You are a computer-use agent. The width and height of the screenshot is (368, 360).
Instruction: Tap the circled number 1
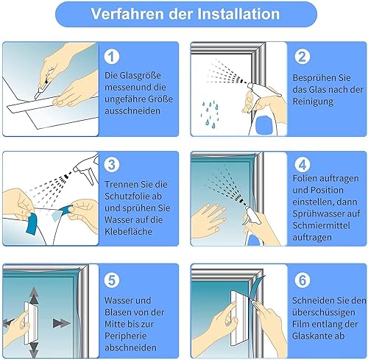(x=112, y=57)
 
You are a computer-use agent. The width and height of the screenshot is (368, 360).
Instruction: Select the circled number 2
(x=302, y=57)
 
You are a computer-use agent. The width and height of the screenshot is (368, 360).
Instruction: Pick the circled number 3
(x=112, y=164)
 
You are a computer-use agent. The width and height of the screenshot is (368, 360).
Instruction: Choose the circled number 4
(x=302, y=164)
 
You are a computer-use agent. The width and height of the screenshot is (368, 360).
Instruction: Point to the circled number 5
(x=112, y=280)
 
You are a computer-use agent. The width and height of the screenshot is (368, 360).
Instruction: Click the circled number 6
(x=302, y=280)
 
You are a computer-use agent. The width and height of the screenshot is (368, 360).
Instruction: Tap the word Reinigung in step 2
(x=313, y=102)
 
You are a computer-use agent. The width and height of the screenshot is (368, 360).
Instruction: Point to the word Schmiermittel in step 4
(x=321, y=225)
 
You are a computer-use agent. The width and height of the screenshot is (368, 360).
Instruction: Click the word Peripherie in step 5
(x=125, y=336)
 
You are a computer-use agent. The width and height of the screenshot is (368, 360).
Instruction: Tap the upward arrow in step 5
(x=34, y=295)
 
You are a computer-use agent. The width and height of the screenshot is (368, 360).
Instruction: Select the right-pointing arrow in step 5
(x=61, y=323)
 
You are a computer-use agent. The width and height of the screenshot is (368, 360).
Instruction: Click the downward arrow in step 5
(x=34, y=349)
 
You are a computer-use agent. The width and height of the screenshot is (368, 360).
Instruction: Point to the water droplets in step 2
(x=210, y=114)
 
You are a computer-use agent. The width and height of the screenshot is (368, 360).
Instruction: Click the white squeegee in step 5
(x=30, y=322)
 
